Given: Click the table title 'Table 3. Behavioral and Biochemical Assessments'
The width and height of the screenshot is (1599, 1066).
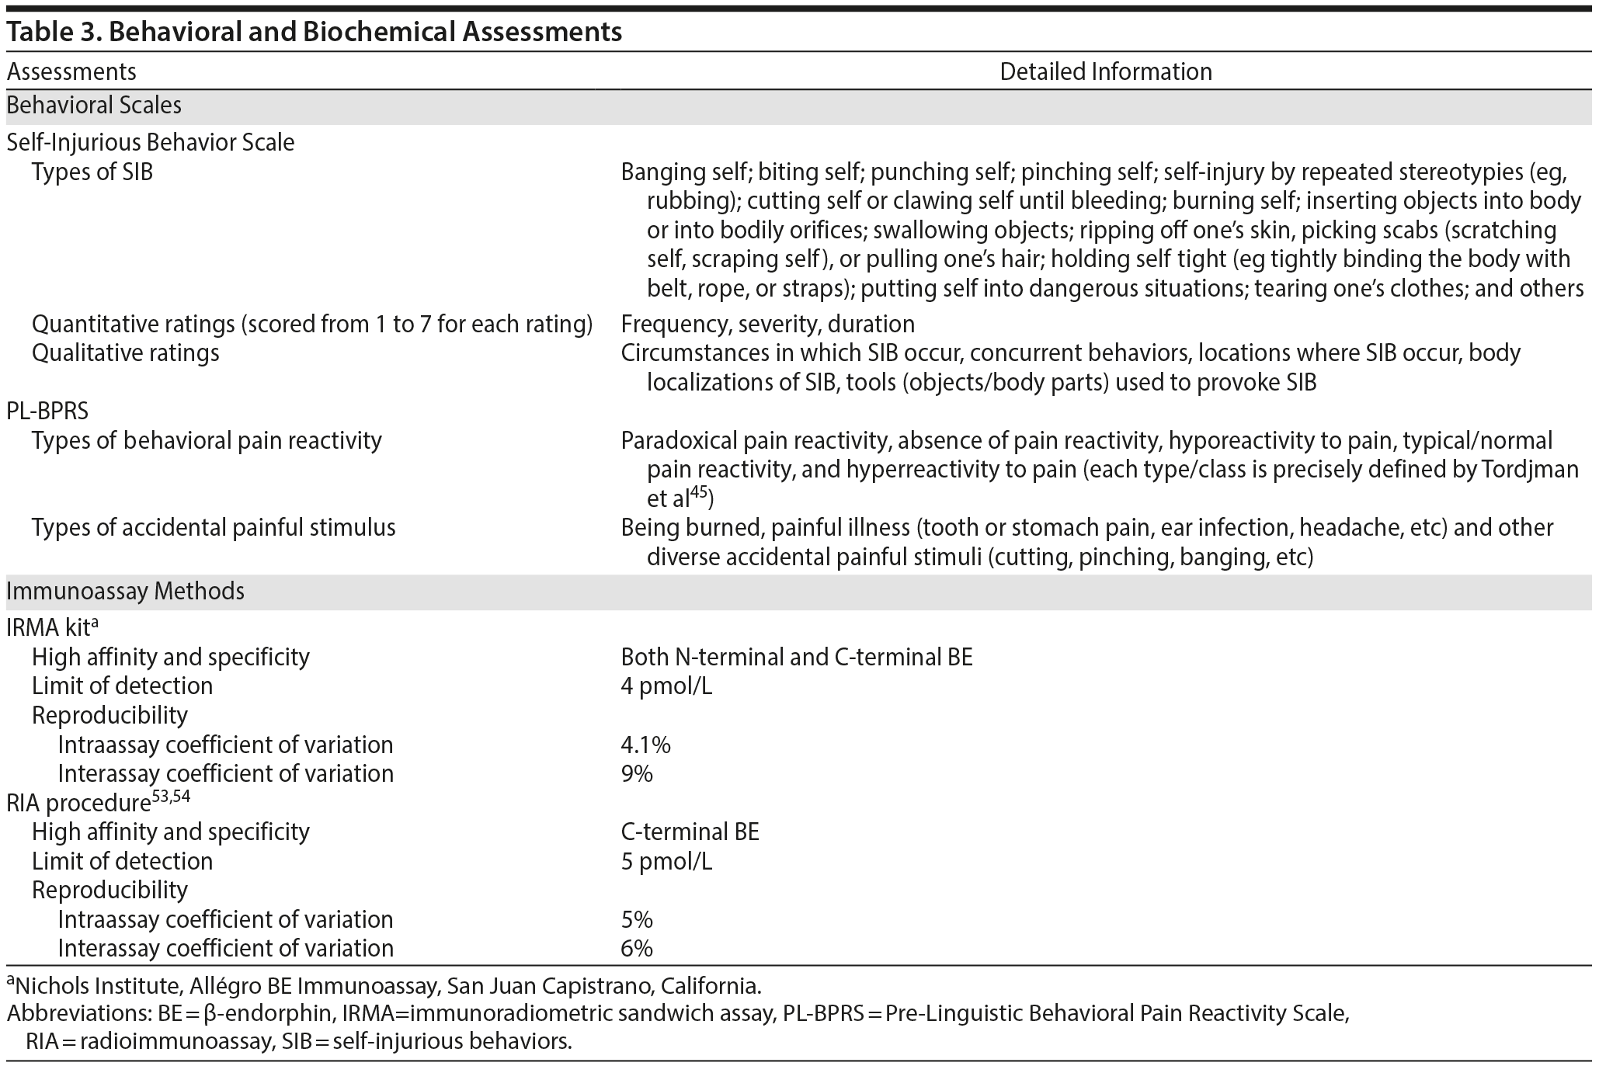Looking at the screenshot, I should click(x=314, y=32).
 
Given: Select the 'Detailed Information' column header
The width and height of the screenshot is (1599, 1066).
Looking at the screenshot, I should click(x=1105, y=72).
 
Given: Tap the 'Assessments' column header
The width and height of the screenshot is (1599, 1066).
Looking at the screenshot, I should click(x=71, y=72).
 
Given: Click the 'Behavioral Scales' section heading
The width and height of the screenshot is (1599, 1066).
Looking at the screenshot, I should click(x=94, y=105).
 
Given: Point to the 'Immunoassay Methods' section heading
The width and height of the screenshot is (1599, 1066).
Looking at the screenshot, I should click(x=125, y=592).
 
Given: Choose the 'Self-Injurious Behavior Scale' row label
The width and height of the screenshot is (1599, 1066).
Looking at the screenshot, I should click(x=151, y=143).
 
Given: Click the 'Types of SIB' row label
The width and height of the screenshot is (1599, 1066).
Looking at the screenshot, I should click(x=92, y=172).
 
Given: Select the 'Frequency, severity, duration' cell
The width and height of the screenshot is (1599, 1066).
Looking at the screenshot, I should click(x=767, y=324).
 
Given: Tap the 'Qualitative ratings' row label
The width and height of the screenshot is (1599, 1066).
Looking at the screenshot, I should click(x=126, y=353).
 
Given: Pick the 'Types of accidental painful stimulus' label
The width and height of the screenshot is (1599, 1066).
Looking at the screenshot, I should click(x=214, y=528).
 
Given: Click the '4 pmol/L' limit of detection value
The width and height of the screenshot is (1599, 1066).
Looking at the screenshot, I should click(x=666, y=686).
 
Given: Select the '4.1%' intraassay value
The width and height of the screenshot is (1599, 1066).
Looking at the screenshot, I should click(x=645, y=745).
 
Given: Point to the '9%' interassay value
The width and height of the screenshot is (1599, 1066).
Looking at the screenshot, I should click(x=637, y=774).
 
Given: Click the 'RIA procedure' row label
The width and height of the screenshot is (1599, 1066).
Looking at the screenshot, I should click(x=78, y=803).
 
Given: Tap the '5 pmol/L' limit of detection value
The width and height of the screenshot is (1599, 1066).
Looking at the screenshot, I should click(x=666, y=862).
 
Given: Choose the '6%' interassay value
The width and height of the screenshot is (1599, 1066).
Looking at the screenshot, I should click(x=637, y=949).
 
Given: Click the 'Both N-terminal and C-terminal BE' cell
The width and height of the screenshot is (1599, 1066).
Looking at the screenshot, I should click(x=796, y=658).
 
